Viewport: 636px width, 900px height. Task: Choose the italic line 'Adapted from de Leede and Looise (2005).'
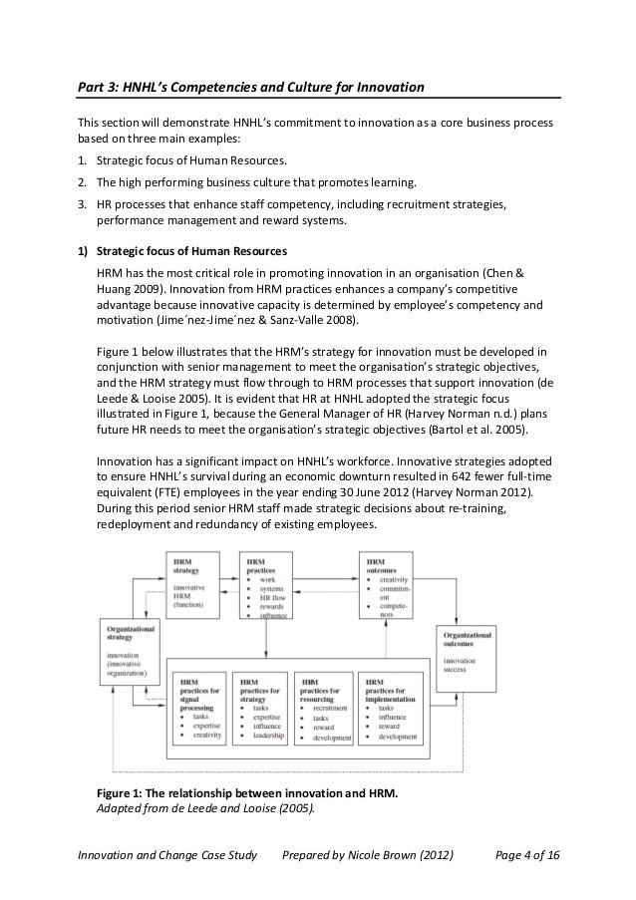point(203,809)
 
